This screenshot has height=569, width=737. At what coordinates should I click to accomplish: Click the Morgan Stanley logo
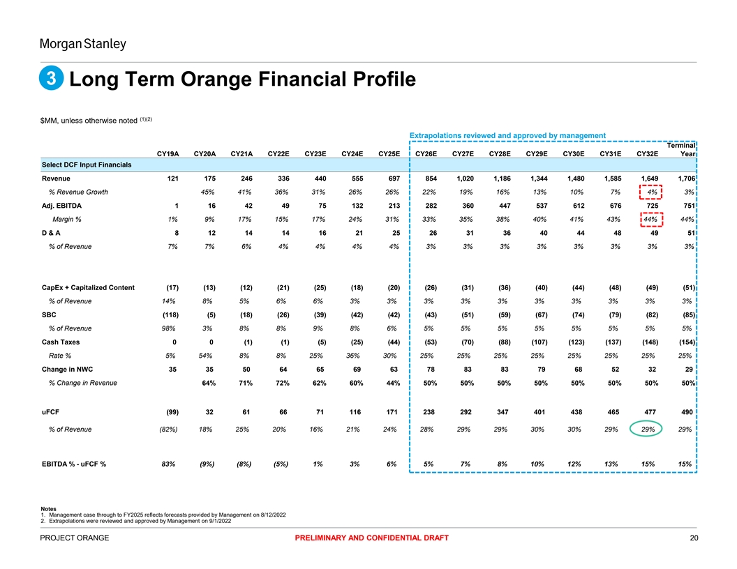click(x=82, y=45)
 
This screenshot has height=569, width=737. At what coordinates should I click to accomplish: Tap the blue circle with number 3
click(x=52, y=80)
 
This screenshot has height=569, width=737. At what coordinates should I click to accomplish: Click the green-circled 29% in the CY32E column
click(x=648, y=430)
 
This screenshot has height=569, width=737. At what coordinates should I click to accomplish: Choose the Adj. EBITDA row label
click(x=63, y=206)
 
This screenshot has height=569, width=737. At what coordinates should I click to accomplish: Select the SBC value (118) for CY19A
click(x=166, y=314)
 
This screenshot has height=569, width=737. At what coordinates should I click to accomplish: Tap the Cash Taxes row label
click(x=60, y=342)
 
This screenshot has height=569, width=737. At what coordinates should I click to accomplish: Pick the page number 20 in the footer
click(x=692, y=538)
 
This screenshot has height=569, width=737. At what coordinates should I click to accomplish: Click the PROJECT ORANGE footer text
click(x=75, y=538)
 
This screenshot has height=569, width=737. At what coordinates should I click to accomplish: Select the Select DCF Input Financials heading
click(x=87, y=165)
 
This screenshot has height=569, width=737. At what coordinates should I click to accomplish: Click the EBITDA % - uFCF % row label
click(x=73, y=464)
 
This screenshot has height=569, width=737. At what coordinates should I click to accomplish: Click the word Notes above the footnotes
click(x=50, y=508)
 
